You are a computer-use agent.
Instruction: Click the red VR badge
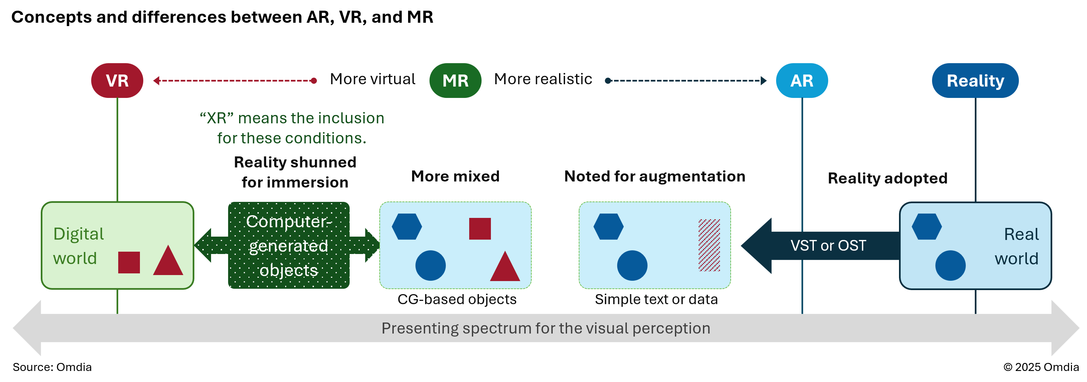117,81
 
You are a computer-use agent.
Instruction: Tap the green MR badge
455,81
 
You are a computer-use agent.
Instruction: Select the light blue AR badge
802,81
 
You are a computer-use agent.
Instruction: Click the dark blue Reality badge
975,81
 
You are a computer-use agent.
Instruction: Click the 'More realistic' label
543,79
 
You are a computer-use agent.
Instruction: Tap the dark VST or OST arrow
819,246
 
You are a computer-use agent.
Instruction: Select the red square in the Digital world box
129,263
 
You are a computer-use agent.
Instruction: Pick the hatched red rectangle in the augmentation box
709,245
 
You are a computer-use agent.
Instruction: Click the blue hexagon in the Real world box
927,227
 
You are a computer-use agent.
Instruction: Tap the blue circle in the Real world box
950,265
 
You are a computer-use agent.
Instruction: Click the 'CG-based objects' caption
457,299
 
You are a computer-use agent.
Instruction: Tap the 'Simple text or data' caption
656,299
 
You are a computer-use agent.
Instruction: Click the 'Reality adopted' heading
887,178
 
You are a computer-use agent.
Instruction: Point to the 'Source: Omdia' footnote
52,367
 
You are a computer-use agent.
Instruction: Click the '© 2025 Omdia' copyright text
1041,367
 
